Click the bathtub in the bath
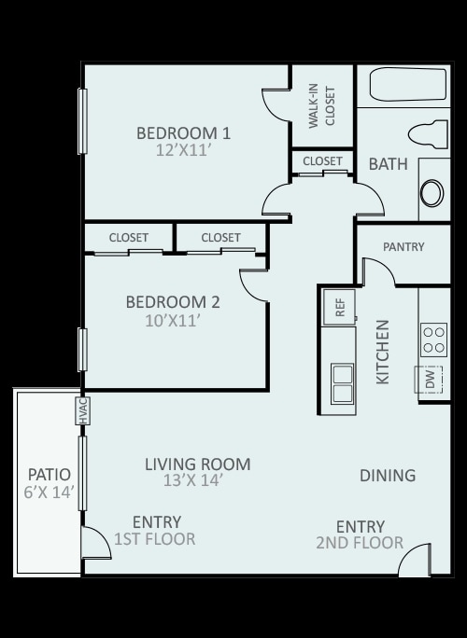[x=407, y=84]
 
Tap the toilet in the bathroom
[x=428, y=134]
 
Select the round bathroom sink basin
[x=432, y=193]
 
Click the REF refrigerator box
[x=339, y=307]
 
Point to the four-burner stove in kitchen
[x=433, y=340]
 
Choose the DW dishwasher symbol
[x=429, y=380]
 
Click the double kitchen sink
[x=342, y=383]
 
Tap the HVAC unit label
[x=83, y=411]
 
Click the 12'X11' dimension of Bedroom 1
[x=183, y=150]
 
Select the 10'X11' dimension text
[x=173, y=321]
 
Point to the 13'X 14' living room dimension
[x=192, y=480]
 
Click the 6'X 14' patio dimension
[x=49, y=492]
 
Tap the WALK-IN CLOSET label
[x=321, y=106]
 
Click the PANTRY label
[x=403, y=246]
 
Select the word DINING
[x=388, y=476]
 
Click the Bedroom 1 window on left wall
[x=83, y=121]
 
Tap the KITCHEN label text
[x=383, y=352]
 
